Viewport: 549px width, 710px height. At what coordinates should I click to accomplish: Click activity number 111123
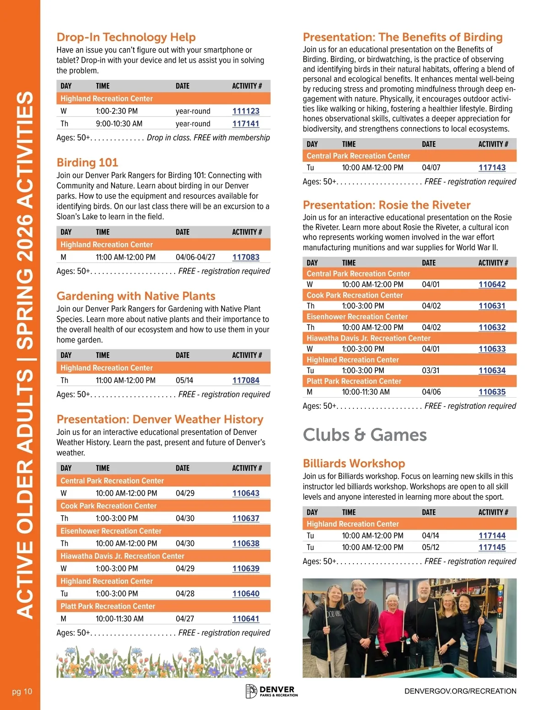pyautogui.click(x=246, y=111)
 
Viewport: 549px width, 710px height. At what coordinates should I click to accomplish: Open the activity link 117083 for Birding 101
pyautogui.click(x=246, y=257)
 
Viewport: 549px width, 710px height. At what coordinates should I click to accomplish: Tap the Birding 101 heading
pyautogui.click(x=87, y=163)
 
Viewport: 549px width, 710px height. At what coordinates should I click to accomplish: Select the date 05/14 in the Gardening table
pyautogui.click(x=184, y=380)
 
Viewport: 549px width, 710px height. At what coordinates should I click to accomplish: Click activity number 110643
pyautogui.click(x=246, y=493)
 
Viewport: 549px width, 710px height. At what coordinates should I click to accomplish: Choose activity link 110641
pyautogui.click(x=246, y=619)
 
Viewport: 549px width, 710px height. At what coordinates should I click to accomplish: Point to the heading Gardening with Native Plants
pyautogui.click(x=136, y=296)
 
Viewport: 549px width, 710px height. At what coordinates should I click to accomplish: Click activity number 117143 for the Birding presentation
pyautogui.click(x=492, y=168)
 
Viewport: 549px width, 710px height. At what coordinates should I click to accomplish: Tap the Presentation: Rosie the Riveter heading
pyautogui.click(x=387, y=205)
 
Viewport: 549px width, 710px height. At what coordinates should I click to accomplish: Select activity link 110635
pyautogui.click(x=492, y=392)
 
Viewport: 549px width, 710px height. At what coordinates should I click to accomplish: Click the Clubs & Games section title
pyautogui.click(x=365, y=435)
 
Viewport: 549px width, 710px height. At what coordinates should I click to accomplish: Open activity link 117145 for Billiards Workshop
pyautogui.click(x=492, y=547)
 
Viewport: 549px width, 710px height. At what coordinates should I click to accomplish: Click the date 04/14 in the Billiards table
pyautogui.click(x=431, y=535)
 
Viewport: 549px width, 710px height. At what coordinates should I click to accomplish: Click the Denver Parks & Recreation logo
pyautogui.click(x=272, y=691)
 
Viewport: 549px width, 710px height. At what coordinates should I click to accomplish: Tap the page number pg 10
pyautogui.click(x=22, y=691)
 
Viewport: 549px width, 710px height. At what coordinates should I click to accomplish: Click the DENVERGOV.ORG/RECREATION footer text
pyautogui.click(x=460, y=691)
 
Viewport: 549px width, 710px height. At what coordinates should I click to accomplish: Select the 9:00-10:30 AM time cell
pyautogui.click(x=119, y=124)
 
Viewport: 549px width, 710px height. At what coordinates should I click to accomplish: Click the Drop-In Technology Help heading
pyautogui.click(x=126, y=37)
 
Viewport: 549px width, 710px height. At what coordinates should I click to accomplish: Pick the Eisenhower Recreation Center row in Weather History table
pyautogui.click(x=111, y=531)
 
